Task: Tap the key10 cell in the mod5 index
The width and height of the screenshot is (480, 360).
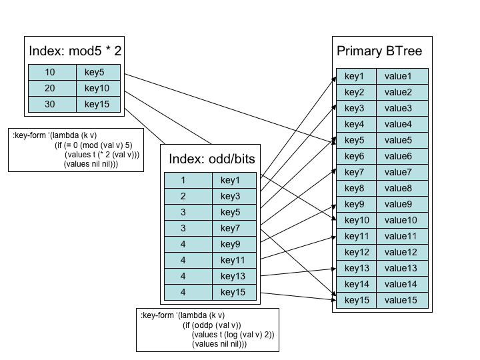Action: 98,88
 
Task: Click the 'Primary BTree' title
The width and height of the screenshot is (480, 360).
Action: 379,51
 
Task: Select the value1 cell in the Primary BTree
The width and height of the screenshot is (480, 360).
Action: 403,76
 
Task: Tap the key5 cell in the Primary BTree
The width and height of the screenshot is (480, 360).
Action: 355,140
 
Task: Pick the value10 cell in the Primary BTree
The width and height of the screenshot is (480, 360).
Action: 403,220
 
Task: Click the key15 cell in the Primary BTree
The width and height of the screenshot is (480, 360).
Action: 355,300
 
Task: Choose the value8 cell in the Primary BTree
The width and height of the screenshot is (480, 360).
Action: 403,188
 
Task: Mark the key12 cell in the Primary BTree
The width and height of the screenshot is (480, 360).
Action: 355,252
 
